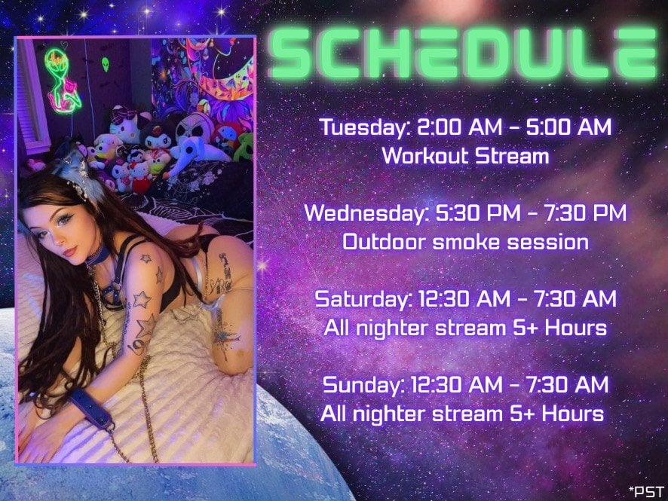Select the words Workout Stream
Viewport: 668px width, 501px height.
tap(466, 155)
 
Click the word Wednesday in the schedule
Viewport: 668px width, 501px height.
tap(366, 212)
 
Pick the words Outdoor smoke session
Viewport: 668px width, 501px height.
tap(466, 242)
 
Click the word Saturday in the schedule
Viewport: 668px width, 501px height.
tap(363, 299)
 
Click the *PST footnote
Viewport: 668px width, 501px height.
tap(647, 491)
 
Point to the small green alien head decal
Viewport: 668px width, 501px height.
tap(106, 64)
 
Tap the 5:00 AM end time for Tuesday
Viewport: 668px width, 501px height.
tap(568, 127)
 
